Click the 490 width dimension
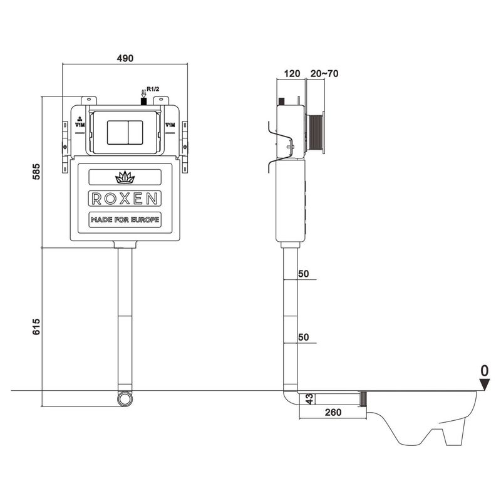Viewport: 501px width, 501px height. tap(126, 58)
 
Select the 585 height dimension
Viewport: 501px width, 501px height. tap(36, 172)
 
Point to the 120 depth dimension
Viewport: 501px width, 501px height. tap(292, 73)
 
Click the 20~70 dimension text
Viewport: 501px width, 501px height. tap(324, 73)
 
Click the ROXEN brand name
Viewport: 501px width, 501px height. tap(125, 199)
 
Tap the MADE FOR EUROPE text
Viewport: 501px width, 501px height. tap(125, 220)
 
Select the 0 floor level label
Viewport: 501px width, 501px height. tap(483, 371)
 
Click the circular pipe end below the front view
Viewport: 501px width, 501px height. tap(125, 398)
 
